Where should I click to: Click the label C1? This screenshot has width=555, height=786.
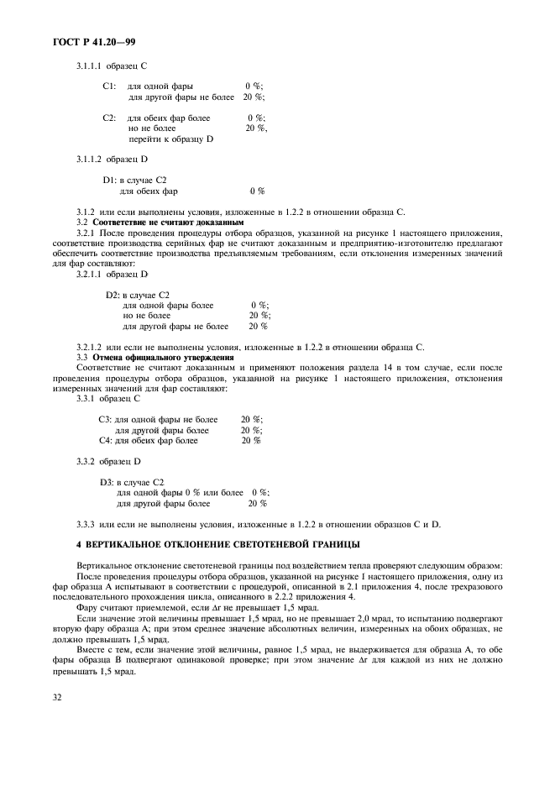coord(109,86)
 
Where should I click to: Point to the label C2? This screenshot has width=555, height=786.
coord(109,118)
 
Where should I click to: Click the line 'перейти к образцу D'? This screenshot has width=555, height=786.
coord(170,139)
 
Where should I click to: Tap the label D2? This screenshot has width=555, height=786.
coord(113,295)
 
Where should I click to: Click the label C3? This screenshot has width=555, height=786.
coord(105,419)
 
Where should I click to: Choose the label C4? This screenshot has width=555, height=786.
coord(105,440)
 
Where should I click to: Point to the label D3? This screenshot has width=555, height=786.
coord(107,482)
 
